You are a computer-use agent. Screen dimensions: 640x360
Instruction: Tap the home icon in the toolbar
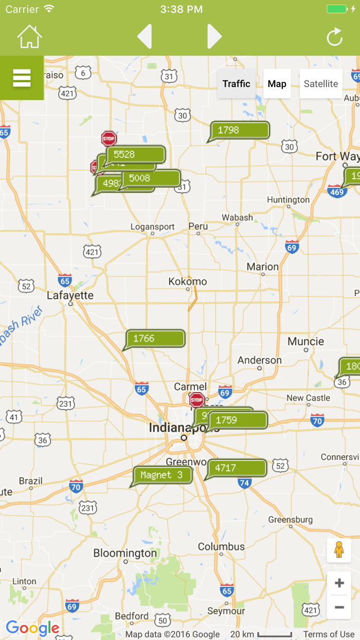29,37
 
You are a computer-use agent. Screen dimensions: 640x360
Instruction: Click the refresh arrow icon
334,37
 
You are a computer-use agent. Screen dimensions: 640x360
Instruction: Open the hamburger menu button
22,78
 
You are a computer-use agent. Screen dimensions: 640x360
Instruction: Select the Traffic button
236,84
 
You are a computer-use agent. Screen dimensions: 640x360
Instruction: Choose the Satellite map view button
321,84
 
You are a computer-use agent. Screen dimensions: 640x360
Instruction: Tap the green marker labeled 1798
240,130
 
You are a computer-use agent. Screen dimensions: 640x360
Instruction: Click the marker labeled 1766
155,339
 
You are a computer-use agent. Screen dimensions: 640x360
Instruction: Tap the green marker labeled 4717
237,468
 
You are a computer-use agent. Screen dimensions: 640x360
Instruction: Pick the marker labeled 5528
135,154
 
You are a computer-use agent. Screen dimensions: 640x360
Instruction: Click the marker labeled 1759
238,420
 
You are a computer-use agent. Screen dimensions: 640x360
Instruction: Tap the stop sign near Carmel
197,400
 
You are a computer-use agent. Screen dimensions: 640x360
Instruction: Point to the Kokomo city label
188,282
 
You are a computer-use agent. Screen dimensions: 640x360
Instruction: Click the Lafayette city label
70,296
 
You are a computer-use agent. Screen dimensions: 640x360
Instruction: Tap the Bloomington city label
125,554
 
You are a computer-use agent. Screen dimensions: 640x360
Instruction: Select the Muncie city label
305,342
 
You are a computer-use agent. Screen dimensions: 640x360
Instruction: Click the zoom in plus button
339,583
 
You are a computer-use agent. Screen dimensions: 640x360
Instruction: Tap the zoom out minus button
339,608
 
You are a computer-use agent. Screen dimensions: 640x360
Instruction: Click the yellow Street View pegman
339,550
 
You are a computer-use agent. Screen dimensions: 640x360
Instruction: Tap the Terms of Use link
329,634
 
